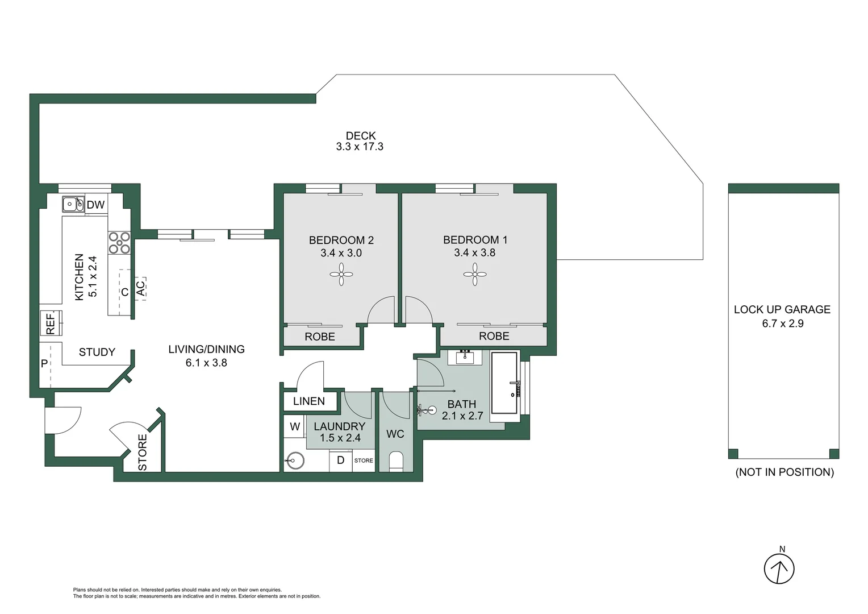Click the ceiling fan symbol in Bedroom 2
(341, 275)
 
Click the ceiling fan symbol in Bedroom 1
(475, 275)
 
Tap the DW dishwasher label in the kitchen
(95, 205)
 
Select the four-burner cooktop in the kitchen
(119, 242)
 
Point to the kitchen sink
(73, 204)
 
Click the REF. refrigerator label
(51, 323)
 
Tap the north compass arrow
(779, 569)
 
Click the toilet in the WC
(396, 460)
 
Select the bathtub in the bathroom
(504, 383)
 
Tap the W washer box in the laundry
(295, 426)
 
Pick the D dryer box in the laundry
(340, 460)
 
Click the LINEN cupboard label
(309, 401)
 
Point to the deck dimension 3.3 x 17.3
(360, 147)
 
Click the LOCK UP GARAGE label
(782, 310)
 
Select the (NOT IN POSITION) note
(784, 472)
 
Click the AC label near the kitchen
(140, 288)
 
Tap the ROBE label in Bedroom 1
(494, 336)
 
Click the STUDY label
(97, 352)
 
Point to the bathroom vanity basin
(465, 357)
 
